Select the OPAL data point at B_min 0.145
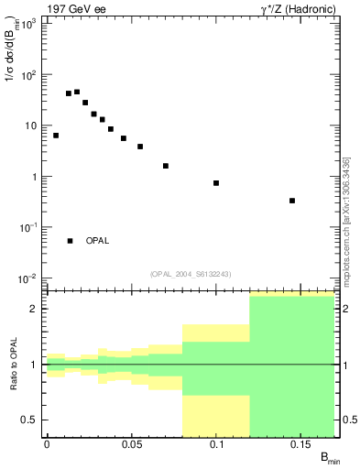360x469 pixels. [x=292, y=201]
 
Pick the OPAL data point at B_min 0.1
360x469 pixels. [x=216, y=183]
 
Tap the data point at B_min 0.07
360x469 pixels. [x=165, y=166]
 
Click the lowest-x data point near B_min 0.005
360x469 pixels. [x=56, y=136]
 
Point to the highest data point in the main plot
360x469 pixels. [x=77, y=92]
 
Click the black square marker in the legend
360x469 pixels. [x=71, y=241]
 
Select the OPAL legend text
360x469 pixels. [x=97, y=241]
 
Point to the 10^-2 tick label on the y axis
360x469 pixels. [x=27, y=278]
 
